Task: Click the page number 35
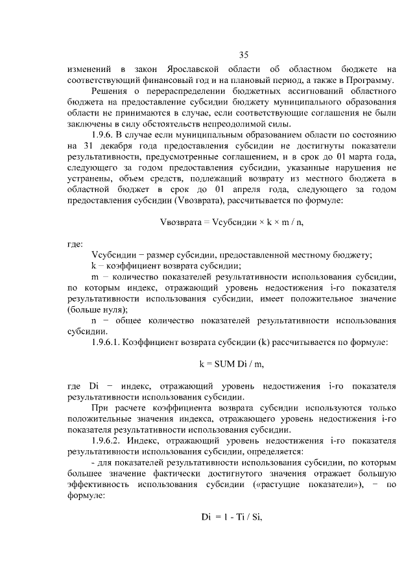coord(243,54)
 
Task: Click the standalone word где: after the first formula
coord(75,245)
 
